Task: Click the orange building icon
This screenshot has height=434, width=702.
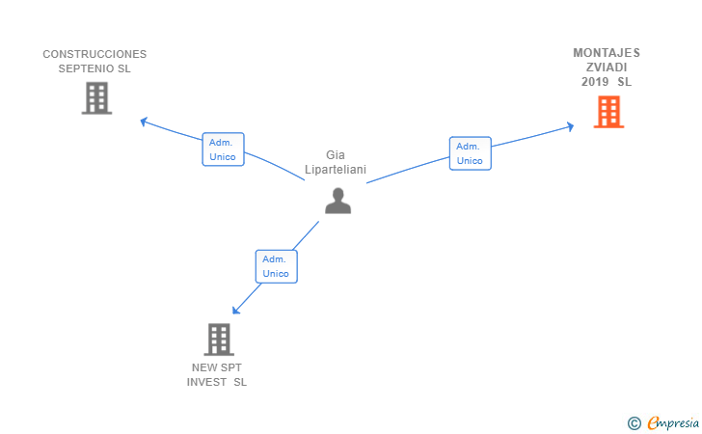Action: click(x=608, y=112)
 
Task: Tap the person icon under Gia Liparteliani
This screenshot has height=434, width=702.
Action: click(x=338, y=201)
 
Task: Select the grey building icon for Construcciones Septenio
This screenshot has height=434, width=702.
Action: click(x=96, y=98)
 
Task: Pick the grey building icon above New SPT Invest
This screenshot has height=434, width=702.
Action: click(x=219, y=339)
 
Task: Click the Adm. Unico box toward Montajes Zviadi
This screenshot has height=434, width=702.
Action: click(x=471, y=153)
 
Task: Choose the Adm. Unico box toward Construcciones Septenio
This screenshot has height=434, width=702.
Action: click(x=223, y=149)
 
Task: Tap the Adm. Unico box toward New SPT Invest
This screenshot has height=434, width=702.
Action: click(x=276, y=266)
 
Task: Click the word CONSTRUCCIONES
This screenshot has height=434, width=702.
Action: click(x=94, y=54)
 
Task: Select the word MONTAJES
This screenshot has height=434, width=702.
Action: click(x=607, y=53)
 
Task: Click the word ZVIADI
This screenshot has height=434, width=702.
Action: click(x=607, y=68)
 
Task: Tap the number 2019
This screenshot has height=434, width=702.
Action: click(x=595, y=82)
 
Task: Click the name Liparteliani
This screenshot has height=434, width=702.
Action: click(x=336, y=170)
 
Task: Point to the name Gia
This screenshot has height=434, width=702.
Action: click(x=336, y=155)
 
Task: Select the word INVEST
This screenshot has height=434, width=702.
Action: click(x=206, y=382)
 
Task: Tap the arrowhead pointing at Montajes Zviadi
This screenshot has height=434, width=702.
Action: click(x=571, y=126)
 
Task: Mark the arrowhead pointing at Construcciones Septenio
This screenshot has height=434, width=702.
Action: click(x=144, y=121)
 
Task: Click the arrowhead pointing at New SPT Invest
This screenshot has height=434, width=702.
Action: click(x=236, y=310)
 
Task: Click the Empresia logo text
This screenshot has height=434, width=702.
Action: click(x=673, y=423)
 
